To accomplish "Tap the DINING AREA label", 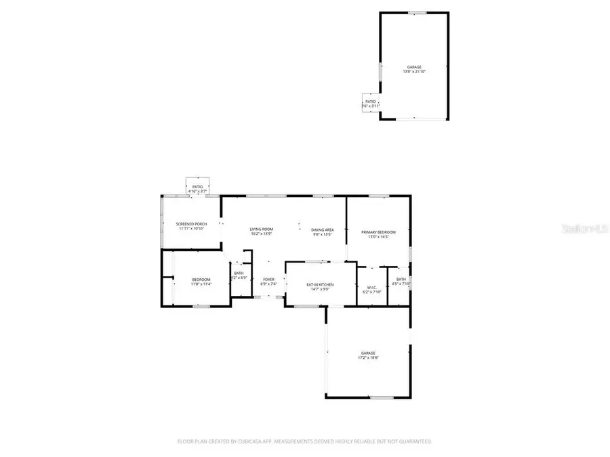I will tap(322, 230).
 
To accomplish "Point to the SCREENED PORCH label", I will tap(191, 224).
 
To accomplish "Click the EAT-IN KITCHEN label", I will tap(320, 284).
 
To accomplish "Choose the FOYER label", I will tap(269, 280).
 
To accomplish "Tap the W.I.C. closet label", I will tap(371, 287).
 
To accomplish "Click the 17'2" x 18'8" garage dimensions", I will tap(369, 357).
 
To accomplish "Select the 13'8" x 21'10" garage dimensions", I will tap(413, 72).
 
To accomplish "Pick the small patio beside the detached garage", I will tap(370, 104).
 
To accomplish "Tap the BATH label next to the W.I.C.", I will tap(401, 280).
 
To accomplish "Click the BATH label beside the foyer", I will tap(239, 273).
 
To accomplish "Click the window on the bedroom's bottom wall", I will tap(201, 306).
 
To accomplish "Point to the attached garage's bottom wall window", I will tap(382, 397).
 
